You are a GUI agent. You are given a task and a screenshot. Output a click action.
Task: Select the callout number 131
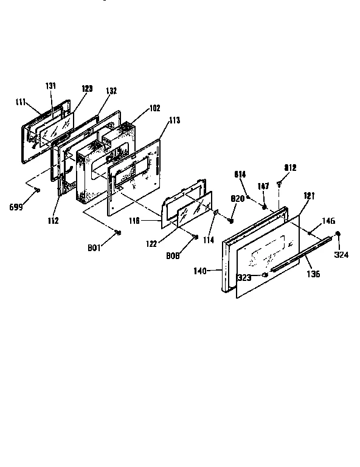click(x=51, y=86)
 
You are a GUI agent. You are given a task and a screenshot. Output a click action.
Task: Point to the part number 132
click(x=111, y=91)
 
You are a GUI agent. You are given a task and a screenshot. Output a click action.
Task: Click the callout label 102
click(x=154, y=108)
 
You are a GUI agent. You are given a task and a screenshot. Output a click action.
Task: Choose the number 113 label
click(x=175, y=120)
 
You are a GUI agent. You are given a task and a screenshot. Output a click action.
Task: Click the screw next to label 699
click(x=37, y=190)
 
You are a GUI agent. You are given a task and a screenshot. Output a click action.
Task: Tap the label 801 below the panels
click(x=94, y=247)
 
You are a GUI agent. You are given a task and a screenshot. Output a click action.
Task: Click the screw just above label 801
click(x=118, y=232)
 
